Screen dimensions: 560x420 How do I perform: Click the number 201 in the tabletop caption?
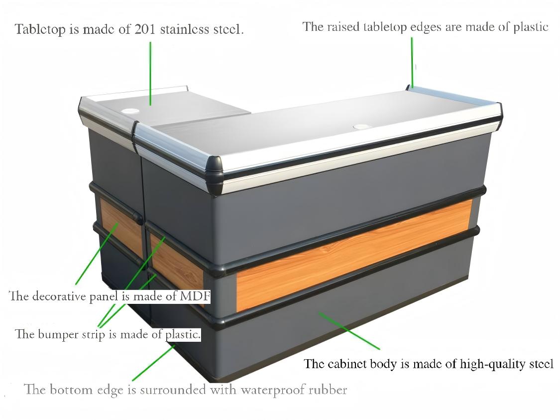pos(145,29)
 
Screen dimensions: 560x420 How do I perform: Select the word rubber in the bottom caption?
pos(328,389)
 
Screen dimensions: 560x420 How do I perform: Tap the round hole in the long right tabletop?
pos(361,127)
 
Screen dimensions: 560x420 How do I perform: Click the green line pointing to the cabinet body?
pos(349,331)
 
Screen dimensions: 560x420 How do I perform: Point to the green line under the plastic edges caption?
pos(412,63)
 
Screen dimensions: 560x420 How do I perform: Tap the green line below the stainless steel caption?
pos(150,74)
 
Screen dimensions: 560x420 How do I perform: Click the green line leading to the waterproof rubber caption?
pos(154,362)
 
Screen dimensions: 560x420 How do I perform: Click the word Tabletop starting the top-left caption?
pos(40,29)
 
